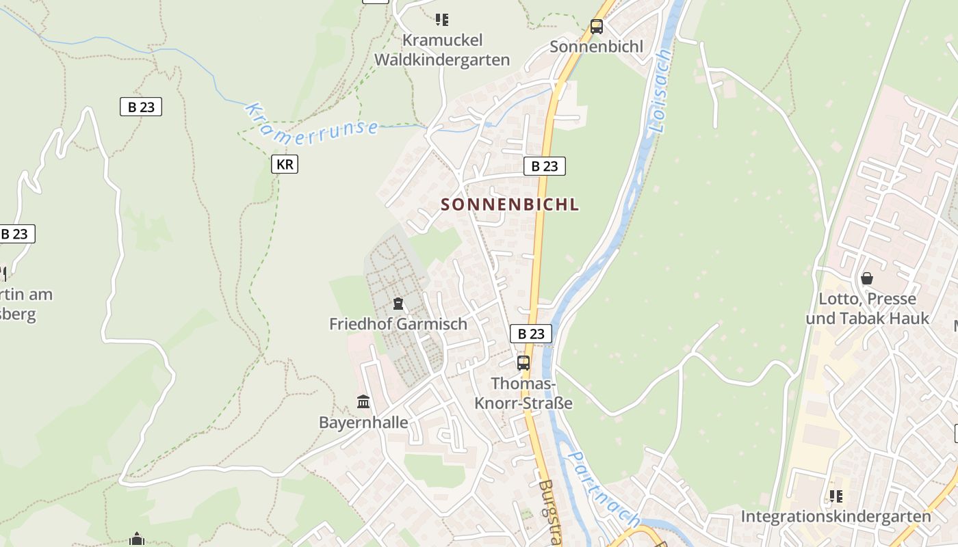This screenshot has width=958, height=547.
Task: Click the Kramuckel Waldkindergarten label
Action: [442, 51]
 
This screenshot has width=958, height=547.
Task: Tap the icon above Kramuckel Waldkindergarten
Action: [442, 20]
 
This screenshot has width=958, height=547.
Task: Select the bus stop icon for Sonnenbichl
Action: [597, 27]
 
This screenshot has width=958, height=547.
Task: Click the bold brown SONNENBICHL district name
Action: [510, 204]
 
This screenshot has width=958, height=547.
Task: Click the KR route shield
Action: [285, 164]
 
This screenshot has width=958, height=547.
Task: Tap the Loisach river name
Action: [659, 90]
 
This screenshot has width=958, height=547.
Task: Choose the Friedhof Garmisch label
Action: [398, 324]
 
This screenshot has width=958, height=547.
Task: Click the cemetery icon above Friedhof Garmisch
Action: [398, 304]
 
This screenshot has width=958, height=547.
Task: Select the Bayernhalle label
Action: [363, 423]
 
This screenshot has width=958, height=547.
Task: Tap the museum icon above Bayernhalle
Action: [363, 402]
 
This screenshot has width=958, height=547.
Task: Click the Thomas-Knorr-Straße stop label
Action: [523, 394]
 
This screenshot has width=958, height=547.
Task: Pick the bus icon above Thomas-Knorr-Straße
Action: [523, 363]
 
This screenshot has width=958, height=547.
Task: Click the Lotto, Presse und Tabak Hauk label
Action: [868, 309]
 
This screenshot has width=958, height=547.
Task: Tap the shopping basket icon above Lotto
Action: [867, 278]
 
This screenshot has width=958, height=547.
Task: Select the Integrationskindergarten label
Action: [836, 516]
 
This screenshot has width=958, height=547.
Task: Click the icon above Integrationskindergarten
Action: [836, 496]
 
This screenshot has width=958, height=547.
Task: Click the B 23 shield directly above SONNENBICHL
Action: [545, 166]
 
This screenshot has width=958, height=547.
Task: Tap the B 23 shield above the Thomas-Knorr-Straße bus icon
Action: [531, 334]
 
